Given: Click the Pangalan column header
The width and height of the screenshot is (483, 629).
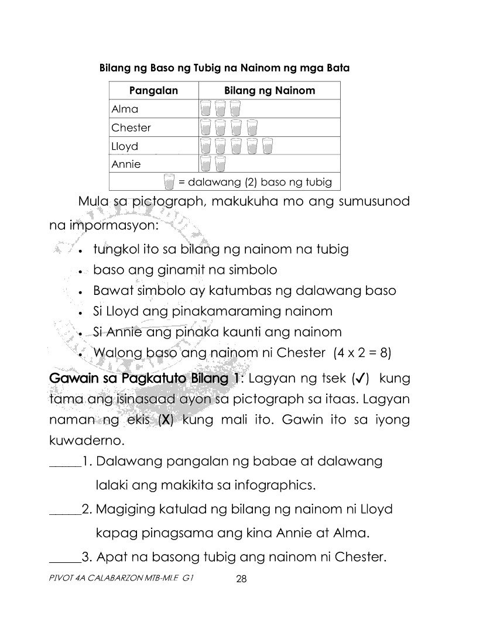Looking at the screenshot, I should pos(153,90).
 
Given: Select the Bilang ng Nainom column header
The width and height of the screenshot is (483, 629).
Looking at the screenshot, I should pos(269,90).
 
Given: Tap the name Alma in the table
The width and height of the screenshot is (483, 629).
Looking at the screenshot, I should pos(125,109).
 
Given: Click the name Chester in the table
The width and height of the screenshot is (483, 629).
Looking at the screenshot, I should pos(131,128).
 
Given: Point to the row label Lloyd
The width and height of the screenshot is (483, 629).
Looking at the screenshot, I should pos(125,146).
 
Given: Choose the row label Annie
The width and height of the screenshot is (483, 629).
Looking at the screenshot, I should pos(126,164).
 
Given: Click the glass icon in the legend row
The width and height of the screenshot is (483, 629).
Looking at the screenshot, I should pos(169,182).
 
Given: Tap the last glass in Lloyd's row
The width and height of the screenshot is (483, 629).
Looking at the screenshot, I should pos(268,146).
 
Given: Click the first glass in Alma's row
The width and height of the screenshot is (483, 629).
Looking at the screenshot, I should pos(205,109).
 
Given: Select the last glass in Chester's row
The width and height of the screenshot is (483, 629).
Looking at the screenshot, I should pos(252,128).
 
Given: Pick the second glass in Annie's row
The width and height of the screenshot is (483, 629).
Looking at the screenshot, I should pos(220,164).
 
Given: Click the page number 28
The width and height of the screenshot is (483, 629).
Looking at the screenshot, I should pos(241,580).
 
